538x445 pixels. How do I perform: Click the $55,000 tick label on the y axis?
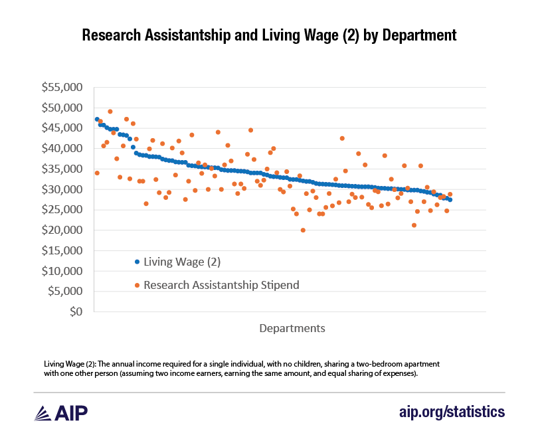[63, 87]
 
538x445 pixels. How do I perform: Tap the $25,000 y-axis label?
[63, 210]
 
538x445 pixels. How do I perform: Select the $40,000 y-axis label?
[63, 148]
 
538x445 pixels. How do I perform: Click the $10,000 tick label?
[63, 271]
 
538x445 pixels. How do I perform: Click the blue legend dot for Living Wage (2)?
[137, 262]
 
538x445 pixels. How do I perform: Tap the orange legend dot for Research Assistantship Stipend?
[137, 285]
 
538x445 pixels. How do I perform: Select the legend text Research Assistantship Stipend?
[221, 285]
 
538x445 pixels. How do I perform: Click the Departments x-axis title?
[292, 328]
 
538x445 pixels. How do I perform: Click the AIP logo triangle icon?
[45, 412]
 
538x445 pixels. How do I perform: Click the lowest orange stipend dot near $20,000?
[303, 230]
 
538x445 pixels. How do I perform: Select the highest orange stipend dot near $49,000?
[110, 112]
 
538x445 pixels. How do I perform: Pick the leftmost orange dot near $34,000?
[97, 173]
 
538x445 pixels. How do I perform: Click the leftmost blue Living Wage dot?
[97, 120]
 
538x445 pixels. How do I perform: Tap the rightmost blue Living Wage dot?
[450, 199]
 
